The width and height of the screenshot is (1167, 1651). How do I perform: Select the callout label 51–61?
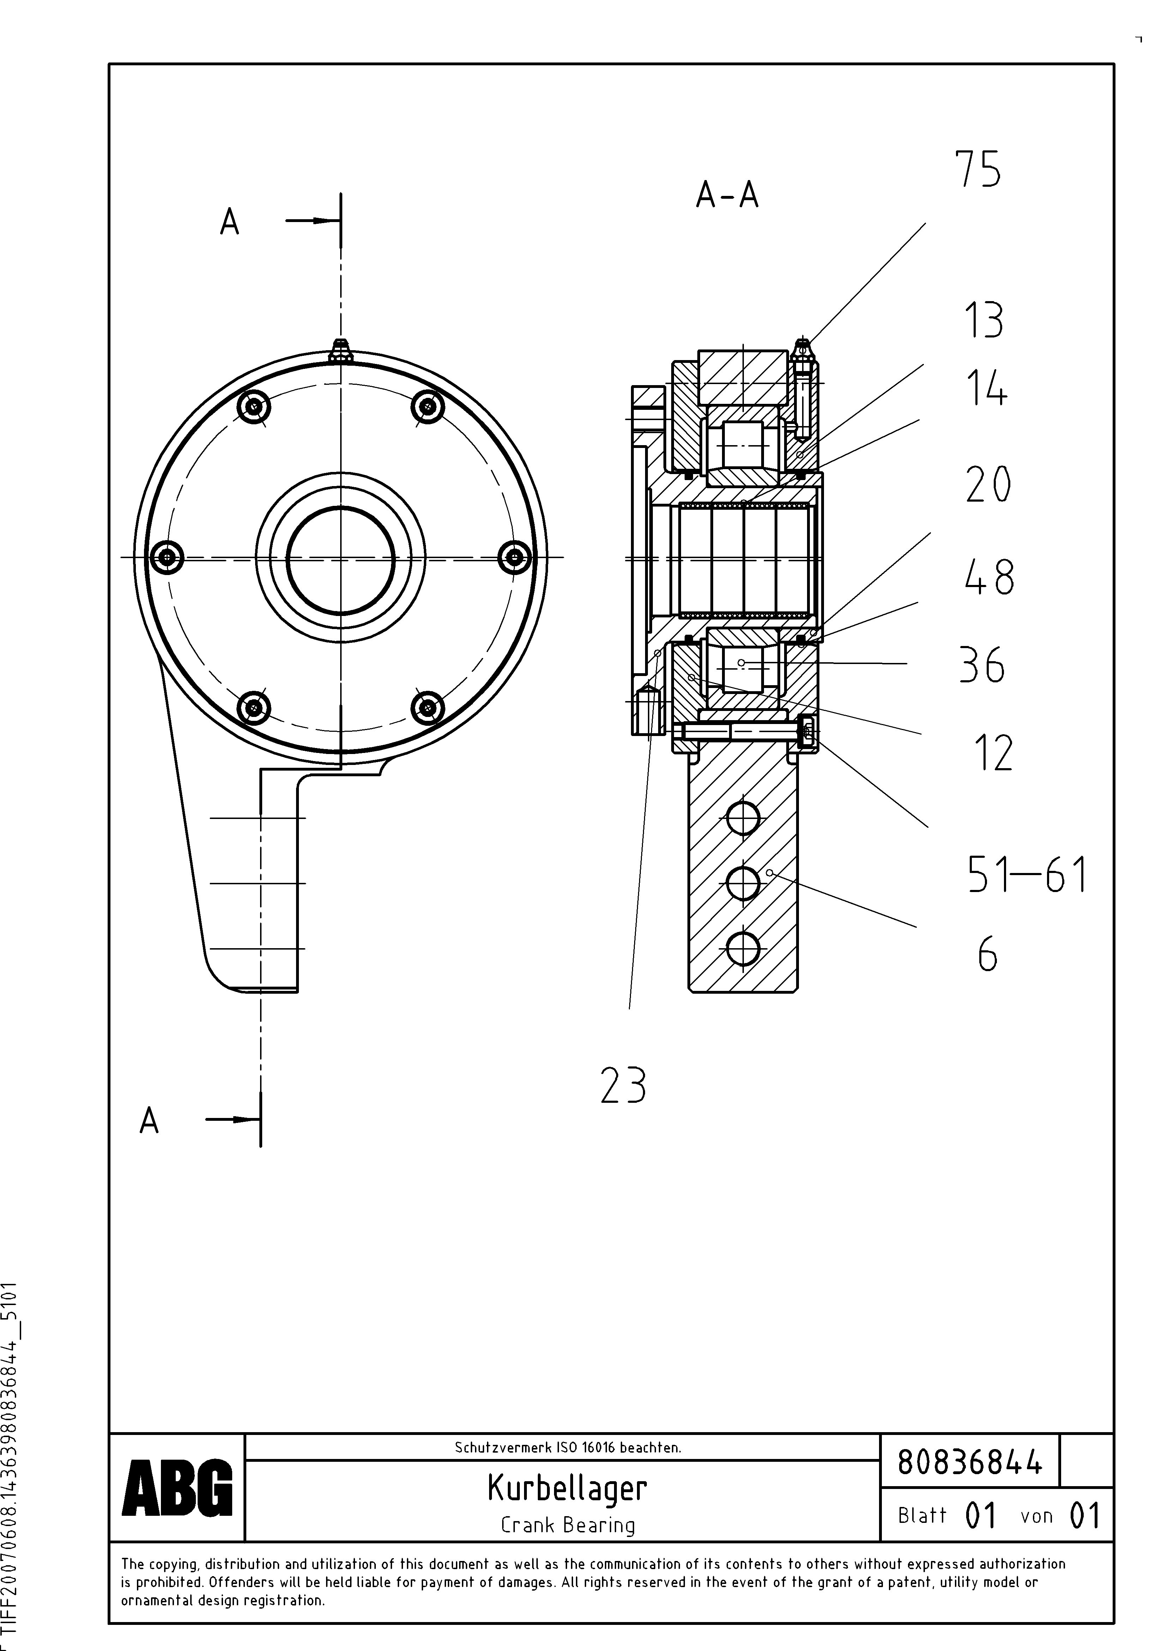point(1027,874)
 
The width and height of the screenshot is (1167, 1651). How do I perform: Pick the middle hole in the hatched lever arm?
point(743,883)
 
